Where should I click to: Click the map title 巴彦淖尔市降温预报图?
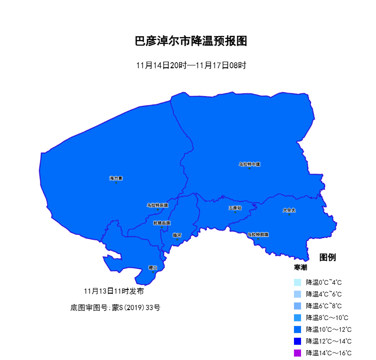[x=191, y=41]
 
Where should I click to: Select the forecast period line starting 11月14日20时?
[x=191, y=65]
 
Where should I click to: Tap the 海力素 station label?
[x=116, y=178]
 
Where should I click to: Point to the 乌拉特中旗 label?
[x=249, y=164]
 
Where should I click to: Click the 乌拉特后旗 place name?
[x=157, y=205]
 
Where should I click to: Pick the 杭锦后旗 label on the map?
[x=162, y=223]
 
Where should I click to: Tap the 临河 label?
[x=177, y=235]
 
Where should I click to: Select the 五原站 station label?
[x=235, y=208]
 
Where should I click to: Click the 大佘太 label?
[x=289, y=210]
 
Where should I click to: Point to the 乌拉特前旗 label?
[x=258, y=234]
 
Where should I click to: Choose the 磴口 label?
[x=153, y=268]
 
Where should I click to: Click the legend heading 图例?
[x=327, y=257]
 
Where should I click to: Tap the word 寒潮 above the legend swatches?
[x=301, y=267]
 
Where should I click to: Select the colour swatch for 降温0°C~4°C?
[x=297, y=282]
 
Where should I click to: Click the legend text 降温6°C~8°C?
[x=324, y=306]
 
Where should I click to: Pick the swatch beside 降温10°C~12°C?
[x=297, y=329]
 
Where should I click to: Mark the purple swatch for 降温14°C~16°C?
[x=297, y=353]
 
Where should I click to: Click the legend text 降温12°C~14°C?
[x=328, y=341]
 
